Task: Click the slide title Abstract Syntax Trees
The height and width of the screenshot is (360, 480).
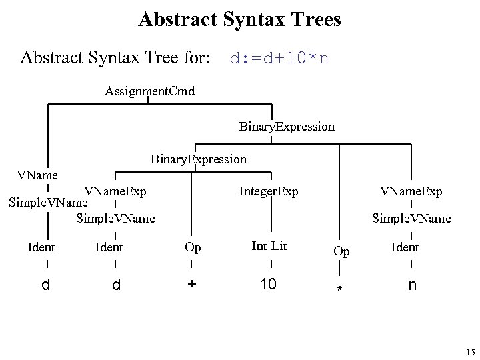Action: coord(239,19)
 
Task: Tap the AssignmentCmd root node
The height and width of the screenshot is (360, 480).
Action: coord(149,91)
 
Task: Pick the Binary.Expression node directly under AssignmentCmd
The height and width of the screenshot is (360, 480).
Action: coord(287,126)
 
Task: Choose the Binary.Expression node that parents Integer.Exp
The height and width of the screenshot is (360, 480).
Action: coord(198,159)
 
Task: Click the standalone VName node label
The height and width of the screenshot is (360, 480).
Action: coord(37,175)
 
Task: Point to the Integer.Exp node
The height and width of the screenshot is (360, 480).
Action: coord(269,192)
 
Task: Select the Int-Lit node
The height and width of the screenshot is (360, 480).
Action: coord(269,246)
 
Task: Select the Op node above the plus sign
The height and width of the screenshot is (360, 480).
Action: coord(193,247)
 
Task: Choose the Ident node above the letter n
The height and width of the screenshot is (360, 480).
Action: coord(405,247)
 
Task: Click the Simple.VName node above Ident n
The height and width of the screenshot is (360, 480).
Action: coord(411,218)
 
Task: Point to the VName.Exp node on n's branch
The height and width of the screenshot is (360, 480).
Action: coord(411,192)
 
